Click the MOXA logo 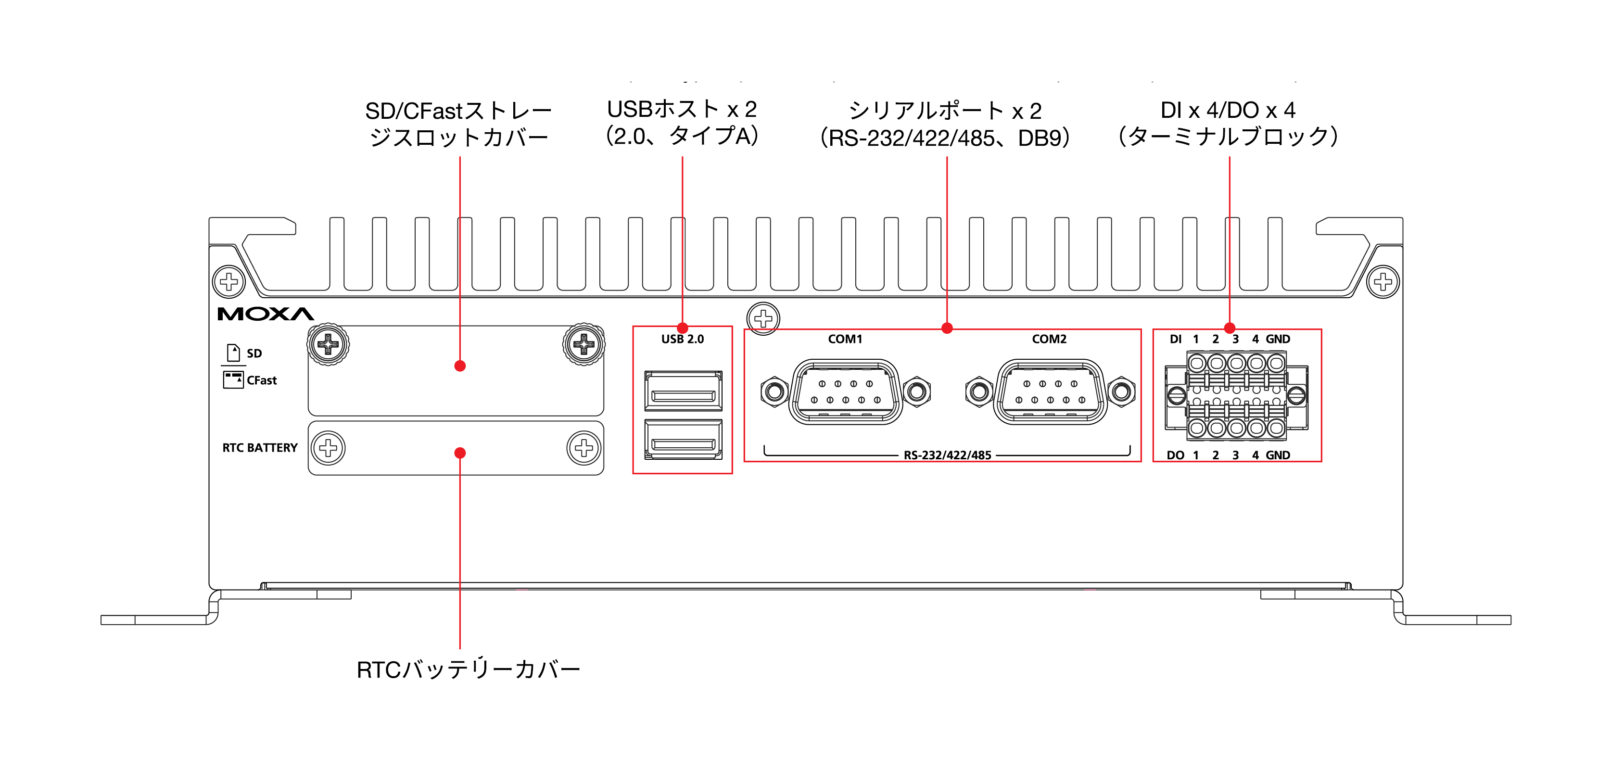coord(266,314)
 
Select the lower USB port coord(683,440)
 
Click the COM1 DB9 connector coord(846,392)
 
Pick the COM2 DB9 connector coord(1050,392)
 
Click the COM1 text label coord(845,339)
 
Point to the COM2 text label coord(1049,339)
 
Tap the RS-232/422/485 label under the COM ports coord(948,455)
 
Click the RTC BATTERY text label coord(260,448)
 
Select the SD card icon coord(233,353)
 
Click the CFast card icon coord(233,379)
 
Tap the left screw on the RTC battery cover coord(329,448)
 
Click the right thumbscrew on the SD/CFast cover coord(584,344)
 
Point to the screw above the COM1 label coord(763,318)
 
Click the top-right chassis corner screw coord(1383,281)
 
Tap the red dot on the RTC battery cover coord(460,453)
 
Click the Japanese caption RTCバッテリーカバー coord(469,669)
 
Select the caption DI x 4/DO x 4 coord(1228,110)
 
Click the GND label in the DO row coord(1278,455)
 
